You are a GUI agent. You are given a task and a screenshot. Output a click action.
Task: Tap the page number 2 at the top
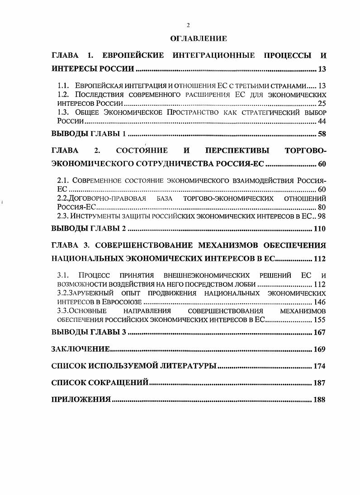click(x=188, y=25)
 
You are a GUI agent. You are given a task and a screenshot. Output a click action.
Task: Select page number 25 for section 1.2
click(x=322, y=104)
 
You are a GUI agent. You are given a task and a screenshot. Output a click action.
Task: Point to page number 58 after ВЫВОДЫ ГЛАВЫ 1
click(x=322, y=134)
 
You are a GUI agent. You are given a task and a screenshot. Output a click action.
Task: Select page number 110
click(x=319, y=229)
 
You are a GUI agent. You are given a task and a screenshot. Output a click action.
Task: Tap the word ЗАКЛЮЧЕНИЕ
click(x=81, y=349)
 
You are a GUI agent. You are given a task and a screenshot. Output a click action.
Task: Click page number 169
click(x=319, y=349)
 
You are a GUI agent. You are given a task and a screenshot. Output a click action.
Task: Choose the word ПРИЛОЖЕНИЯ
click(x=81, y=400)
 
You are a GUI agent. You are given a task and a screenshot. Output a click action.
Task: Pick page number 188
click(x=319, y=400)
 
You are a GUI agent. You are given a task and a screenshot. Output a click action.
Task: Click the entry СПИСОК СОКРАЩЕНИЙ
click(x=100, y=383)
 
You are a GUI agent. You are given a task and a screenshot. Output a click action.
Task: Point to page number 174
click(x=319, y=366)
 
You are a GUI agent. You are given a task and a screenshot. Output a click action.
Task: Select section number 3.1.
click(x=63, y=275)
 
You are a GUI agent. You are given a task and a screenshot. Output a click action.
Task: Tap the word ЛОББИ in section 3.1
click(x=246, y=284)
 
